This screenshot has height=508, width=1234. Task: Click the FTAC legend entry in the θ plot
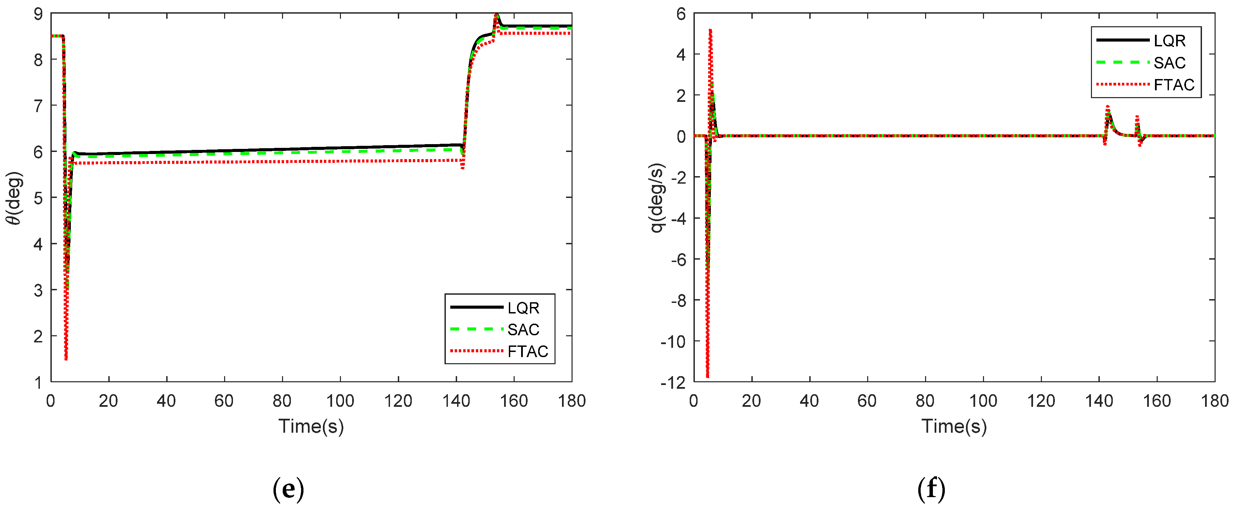click(527, 351)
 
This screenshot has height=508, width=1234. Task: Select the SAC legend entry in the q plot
click(1169, 63)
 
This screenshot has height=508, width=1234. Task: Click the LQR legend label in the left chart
click(523, 308)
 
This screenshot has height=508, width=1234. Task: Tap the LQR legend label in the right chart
click(1169, 41)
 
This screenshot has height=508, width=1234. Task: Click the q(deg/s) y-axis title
click(657, 198)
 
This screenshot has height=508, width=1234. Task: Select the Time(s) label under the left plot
click(311, 426)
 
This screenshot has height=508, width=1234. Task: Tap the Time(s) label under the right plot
click(954, 426)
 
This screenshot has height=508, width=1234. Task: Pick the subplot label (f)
click(931, 489)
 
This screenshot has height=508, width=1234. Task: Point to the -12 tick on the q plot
click(673, 382)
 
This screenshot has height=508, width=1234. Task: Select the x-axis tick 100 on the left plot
click(340, 401)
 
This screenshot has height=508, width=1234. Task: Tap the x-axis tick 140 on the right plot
click(1099, 401)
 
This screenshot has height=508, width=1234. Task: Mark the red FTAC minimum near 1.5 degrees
click(66, 358)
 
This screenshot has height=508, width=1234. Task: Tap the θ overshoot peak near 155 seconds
click(496, 15)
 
